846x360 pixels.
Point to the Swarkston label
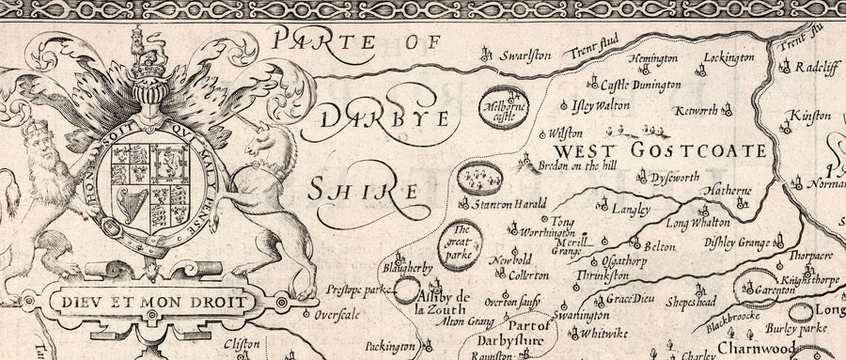click(x=525, y=55)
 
